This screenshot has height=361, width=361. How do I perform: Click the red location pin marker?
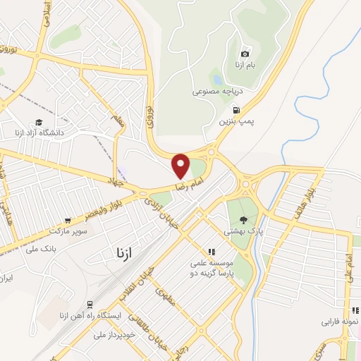click(181, 165)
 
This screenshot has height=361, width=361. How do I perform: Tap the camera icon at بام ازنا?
click(245, 54)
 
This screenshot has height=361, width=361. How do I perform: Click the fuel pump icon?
click(235, 109)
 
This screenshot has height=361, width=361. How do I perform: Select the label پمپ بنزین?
click(235, 121)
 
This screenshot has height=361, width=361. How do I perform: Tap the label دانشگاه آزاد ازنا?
click(39, 132)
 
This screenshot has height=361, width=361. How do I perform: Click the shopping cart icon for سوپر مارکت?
click(68, 220)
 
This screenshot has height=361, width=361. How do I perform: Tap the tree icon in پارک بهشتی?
click(243, 220)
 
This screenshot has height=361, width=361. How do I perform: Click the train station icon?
click(90, 304)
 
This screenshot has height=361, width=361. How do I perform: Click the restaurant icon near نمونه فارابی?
click(355, 310)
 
